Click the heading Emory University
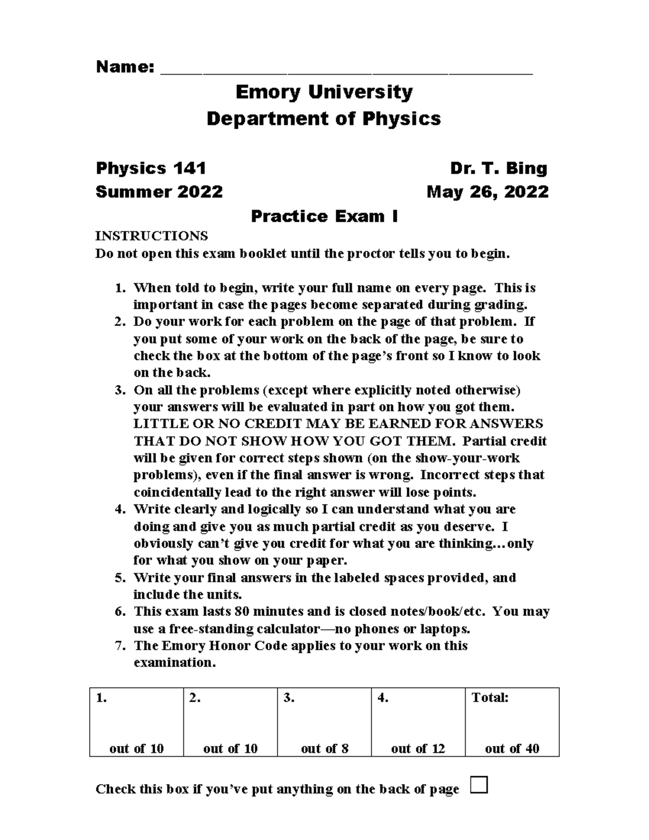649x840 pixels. (x=324, y=92)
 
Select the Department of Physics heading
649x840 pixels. (x=324, y=118)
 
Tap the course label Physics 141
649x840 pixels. (x=151, y=168)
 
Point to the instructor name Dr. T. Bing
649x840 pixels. (x=499, y=168)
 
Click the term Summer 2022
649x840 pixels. (x=159, y=192)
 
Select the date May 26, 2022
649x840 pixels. (x=487, y=192)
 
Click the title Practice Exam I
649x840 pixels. (x=324, y=216)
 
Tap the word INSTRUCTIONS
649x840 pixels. (x=151, y=236)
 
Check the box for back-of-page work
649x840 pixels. (x=479, y=784)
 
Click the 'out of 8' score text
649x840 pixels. (x=325, y=749)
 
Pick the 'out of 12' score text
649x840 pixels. (x=418, y=749)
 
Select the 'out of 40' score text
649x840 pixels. (x=512, y=749)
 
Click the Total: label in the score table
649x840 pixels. (x=490, y=698)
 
